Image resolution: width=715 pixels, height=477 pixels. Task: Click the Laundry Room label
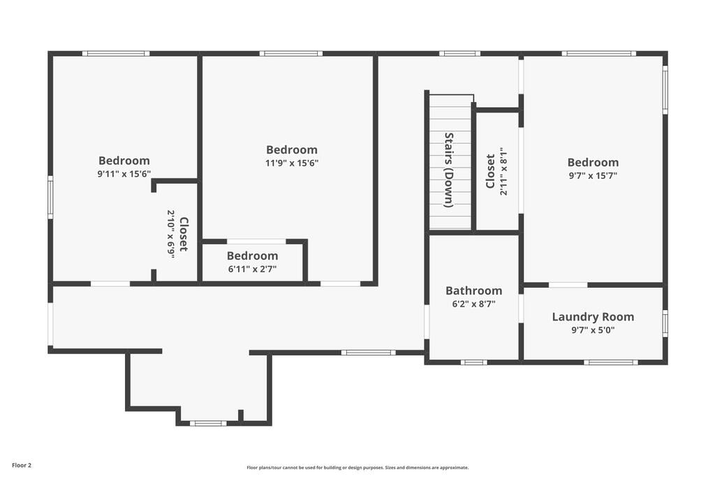tap(593, 316)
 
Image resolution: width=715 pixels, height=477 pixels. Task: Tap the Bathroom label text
tap(474, 291)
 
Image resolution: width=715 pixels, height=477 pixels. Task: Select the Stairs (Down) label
tap(449, 170)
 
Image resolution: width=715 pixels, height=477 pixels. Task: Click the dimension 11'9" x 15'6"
tap(292, 163)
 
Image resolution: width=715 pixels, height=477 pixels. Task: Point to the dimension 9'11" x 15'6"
tap(124, 174)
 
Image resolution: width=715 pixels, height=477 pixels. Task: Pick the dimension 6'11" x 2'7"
tap(252, 269)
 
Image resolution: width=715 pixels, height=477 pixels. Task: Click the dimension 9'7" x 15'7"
tap(593, 175)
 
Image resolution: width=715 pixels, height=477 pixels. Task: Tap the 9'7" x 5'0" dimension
tap(593, 330)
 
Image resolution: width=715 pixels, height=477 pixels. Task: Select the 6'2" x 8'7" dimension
tap(474, 304)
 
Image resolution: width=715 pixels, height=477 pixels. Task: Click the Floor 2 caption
tap(22, 466)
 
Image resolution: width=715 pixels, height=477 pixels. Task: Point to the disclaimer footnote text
tap(357, 467)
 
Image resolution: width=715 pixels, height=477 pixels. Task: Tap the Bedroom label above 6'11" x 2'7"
tap(252, 256)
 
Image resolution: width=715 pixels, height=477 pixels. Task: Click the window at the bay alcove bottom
tap(208, 423)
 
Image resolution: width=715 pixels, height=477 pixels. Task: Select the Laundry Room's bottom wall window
tap(610, 362)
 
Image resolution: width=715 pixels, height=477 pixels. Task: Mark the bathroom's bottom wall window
tap(474, 362)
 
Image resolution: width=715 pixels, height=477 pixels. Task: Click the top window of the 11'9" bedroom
tap(291, 53)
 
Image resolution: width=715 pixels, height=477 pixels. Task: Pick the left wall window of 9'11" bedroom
tap(50, 197)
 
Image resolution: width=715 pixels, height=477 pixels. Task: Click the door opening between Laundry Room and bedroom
tap(568, 285)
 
